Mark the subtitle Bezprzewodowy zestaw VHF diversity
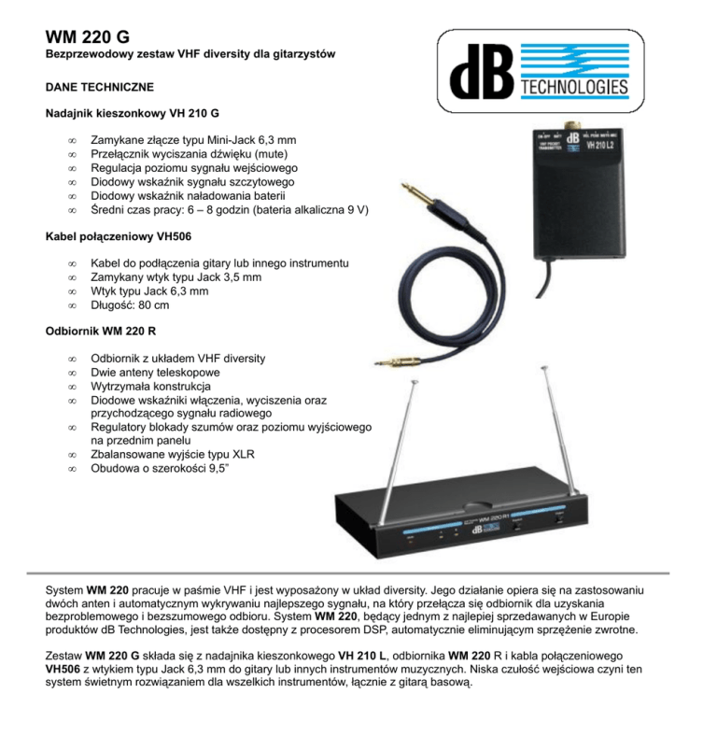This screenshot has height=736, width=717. coord(190,56)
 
